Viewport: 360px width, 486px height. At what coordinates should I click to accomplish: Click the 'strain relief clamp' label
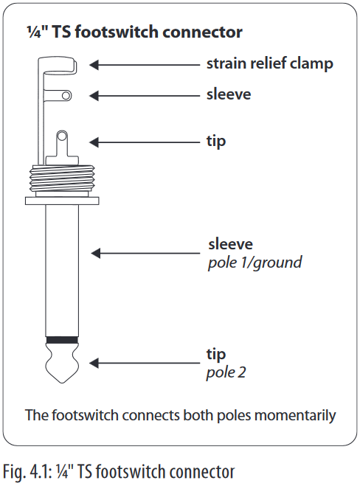(270, 64)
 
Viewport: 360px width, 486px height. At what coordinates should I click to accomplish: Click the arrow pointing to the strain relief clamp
(145, 65)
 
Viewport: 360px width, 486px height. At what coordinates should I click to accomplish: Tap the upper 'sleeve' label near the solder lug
(229, 94)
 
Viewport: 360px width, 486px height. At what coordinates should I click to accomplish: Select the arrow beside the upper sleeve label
(145, 95)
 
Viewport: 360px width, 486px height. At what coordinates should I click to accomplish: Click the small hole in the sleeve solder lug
(66, 95)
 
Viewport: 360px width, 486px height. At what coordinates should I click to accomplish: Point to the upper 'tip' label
(216, 142)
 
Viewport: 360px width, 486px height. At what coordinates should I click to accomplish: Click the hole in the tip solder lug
(62, 136)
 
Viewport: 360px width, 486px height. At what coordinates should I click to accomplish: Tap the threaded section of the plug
(62, 178)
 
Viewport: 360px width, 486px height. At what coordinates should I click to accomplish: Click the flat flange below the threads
(62, 201)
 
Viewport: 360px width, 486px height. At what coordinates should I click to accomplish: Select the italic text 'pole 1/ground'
(255, 263)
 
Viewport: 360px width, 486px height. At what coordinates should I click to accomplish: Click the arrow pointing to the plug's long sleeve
(145, 253)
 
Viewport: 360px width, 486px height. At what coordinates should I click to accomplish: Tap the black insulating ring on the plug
(62, 340)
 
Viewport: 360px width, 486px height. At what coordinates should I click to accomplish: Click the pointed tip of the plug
(62, 382)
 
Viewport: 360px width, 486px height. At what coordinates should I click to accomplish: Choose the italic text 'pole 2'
(226, 372)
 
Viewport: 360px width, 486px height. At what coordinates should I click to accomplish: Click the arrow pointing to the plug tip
(145, 363)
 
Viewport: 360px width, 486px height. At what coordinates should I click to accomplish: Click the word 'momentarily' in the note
(295, 415)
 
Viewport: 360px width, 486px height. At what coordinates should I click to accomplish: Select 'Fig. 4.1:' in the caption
(28, 472)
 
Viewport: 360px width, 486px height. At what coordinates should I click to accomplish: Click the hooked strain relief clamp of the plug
(58, 66)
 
